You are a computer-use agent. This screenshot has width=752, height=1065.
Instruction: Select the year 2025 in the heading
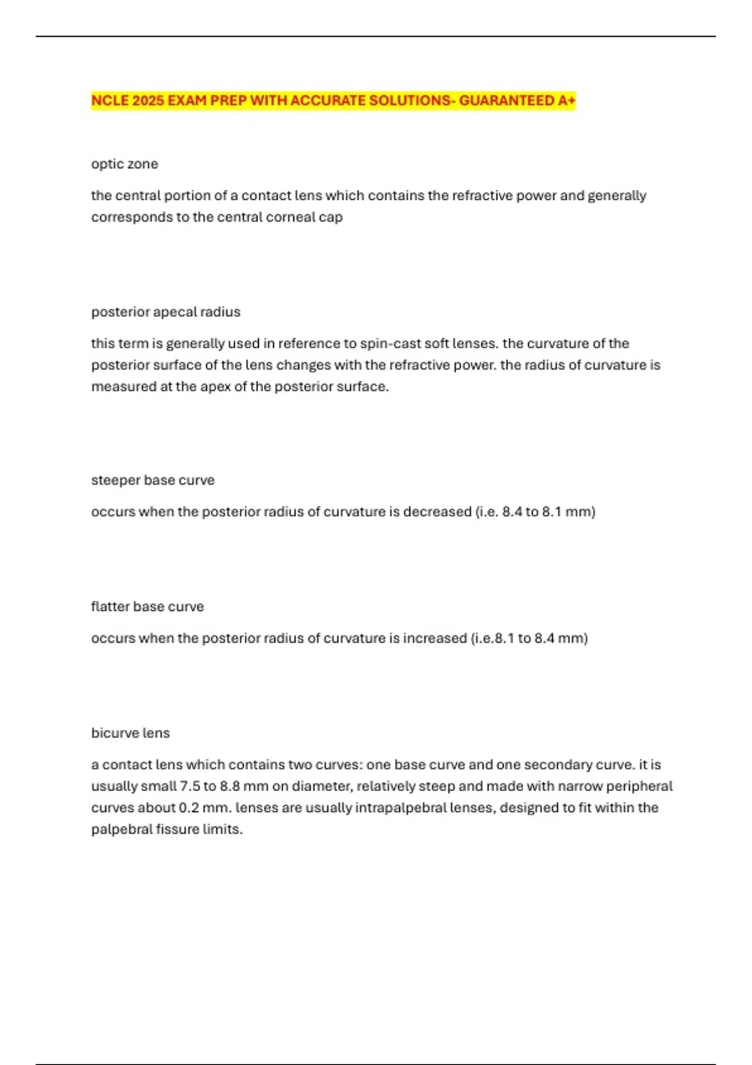(x=148, y=101)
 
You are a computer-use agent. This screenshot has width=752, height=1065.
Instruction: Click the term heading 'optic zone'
(x=125, y=164)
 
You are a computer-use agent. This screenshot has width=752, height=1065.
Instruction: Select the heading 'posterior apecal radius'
(x=165, y=312)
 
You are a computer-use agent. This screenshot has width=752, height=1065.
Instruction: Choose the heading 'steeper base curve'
(x=153, y=481)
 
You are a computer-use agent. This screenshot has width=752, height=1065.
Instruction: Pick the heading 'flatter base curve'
(x=147, y=607)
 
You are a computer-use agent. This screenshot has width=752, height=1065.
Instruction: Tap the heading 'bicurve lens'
(x=130, y=733)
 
